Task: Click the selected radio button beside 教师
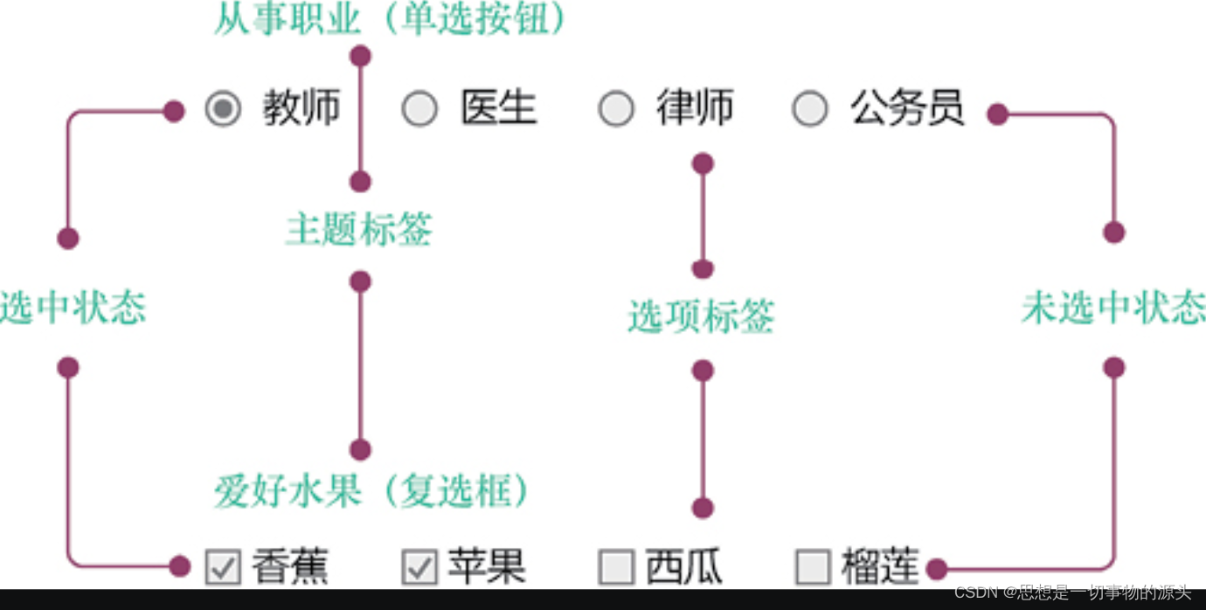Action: click(x=223, y=109)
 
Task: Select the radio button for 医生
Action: click(x=419, y=109)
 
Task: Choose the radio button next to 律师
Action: click(x=616, y=109)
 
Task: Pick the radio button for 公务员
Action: click(x=810, y=109)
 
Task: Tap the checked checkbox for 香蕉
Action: click(x=223, y=567)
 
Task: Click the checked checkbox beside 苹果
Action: click(x=419, y=567)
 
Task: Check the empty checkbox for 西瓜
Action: click(x=616, y=567)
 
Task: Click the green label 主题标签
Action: click(x=358, y=231)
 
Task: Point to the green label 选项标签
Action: click(x=701, y=316)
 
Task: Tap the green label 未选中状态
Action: click(x=1113, y=308)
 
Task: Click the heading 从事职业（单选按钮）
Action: click(x=391, y=19)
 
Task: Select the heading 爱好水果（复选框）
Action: click(x=372, y=492)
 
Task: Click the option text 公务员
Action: click(x=907, y=109)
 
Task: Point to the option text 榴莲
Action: click(x=880, y=567)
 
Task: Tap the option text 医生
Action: click(x=498, y=109)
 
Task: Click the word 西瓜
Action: click(x=683, y=567)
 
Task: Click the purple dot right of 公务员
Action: click(x=997, y=114)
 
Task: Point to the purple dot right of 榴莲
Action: click(x=936, y=570)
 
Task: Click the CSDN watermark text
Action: click(x=1072, y=593)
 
